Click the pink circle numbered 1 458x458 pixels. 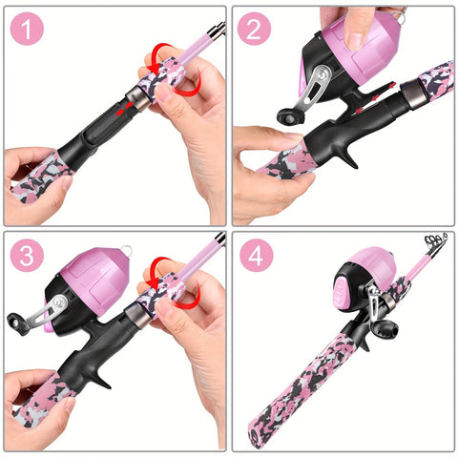(x=27, y=29)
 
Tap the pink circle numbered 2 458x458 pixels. (x=254, y=29)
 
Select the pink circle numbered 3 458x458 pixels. (x=27, y=256)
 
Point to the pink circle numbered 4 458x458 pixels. (x=256, y=256)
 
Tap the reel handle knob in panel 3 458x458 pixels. (x=16, y=323)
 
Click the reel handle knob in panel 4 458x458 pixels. (x=385, y=330)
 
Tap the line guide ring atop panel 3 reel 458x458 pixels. (x=126, y=249)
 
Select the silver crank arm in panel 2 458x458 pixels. (x=315, y=87)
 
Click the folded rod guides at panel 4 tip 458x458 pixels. (x=437, y=242)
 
